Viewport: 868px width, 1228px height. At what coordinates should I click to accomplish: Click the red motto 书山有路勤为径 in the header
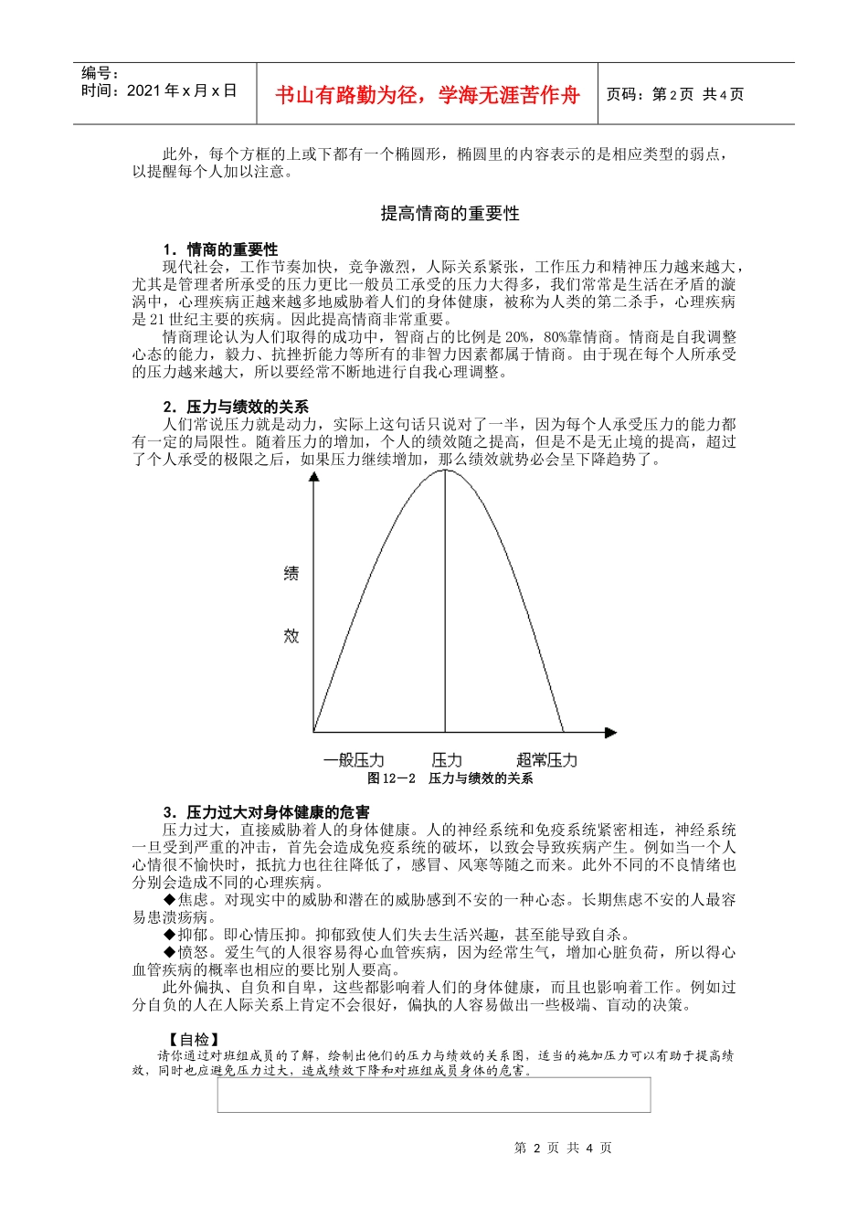427,95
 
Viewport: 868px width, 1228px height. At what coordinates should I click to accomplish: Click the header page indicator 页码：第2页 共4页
674,95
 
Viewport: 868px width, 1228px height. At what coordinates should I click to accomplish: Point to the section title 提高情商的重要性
450,214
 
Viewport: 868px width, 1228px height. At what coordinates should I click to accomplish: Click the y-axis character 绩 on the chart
291,574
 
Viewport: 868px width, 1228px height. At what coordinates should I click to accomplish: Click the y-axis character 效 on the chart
291,635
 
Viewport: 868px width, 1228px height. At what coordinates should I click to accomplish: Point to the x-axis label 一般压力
354,760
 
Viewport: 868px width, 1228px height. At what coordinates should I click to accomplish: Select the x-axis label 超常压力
546,760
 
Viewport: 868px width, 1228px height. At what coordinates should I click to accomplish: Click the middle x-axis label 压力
447,760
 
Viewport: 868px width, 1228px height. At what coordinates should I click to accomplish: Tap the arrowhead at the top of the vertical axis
314,477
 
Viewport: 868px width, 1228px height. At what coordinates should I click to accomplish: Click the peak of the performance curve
445,471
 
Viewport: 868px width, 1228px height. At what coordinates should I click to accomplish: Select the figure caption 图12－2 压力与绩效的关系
450,778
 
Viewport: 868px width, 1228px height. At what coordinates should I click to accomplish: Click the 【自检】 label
194,1039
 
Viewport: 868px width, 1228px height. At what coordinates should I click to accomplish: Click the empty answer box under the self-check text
433,1095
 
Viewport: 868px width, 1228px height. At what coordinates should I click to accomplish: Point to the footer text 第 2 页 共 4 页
563,1149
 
